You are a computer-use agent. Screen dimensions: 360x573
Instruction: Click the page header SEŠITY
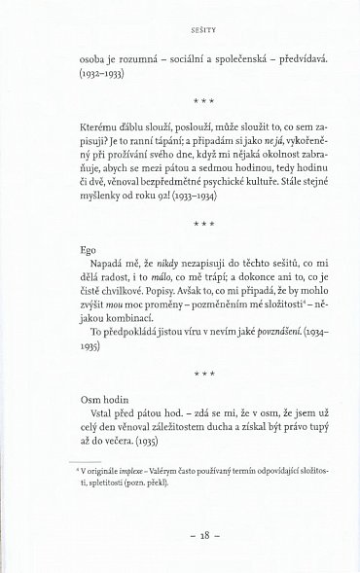(x=180, y=18)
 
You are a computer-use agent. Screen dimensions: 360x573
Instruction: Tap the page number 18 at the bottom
(x=180, y=535)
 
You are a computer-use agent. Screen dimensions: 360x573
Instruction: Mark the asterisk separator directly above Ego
(x=180, y=223)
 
